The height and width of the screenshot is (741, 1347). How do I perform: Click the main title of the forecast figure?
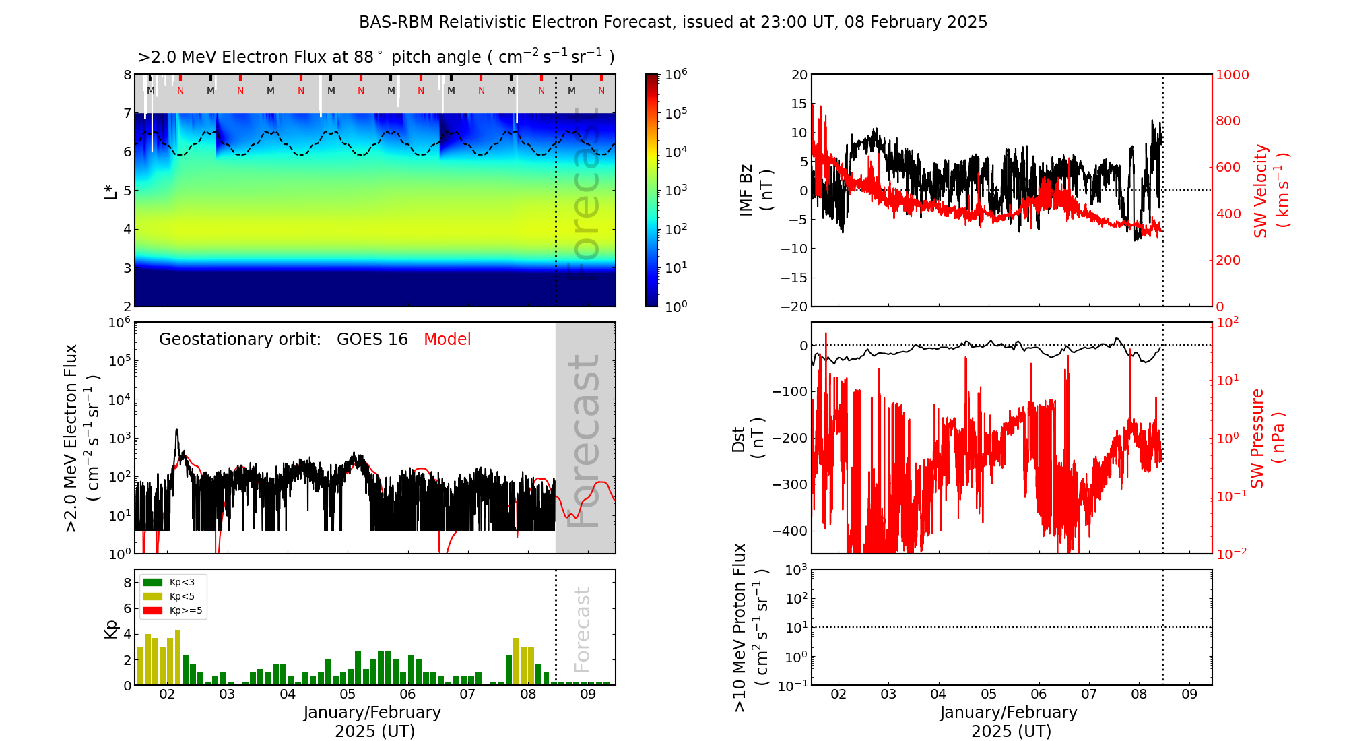click(x=673, y=22)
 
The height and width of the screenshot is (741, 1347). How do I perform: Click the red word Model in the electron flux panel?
click(x=447, y=340)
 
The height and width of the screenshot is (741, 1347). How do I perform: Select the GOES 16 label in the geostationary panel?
click(x=372, y=340)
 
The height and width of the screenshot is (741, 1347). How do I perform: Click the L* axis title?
click(x=110, y=191)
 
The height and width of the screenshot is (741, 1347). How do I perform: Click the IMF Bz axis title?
click(x=755, y=191)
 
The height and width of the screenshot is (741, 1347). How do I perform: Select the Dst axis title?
click(x=748, y=439)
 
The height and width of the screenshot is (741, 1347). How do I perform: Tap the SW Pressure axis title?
click(x=1267, y=439)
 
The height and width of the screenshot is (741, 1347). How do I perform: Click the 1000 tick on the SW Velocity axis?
click(x=1232, y=75)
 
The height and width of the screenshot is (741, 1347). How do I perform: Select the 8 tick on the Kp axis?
click(x=127, y=583)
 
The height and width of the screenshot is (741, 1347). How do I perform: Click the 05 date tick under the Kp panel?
click(x=348, y=695)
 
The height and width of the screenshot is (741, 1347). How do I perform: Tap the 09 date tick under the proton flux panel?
click(x=1189, y=695)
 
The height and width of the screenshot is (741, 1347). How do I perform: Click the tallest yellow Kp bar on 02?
click(x=178, y=657)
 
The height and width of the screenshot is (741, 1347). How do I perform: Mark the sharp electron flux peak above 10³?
click(x=176, y=431)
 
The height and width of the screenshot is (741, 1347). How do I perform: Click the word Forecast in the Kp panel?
click(x=583, y=629)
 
